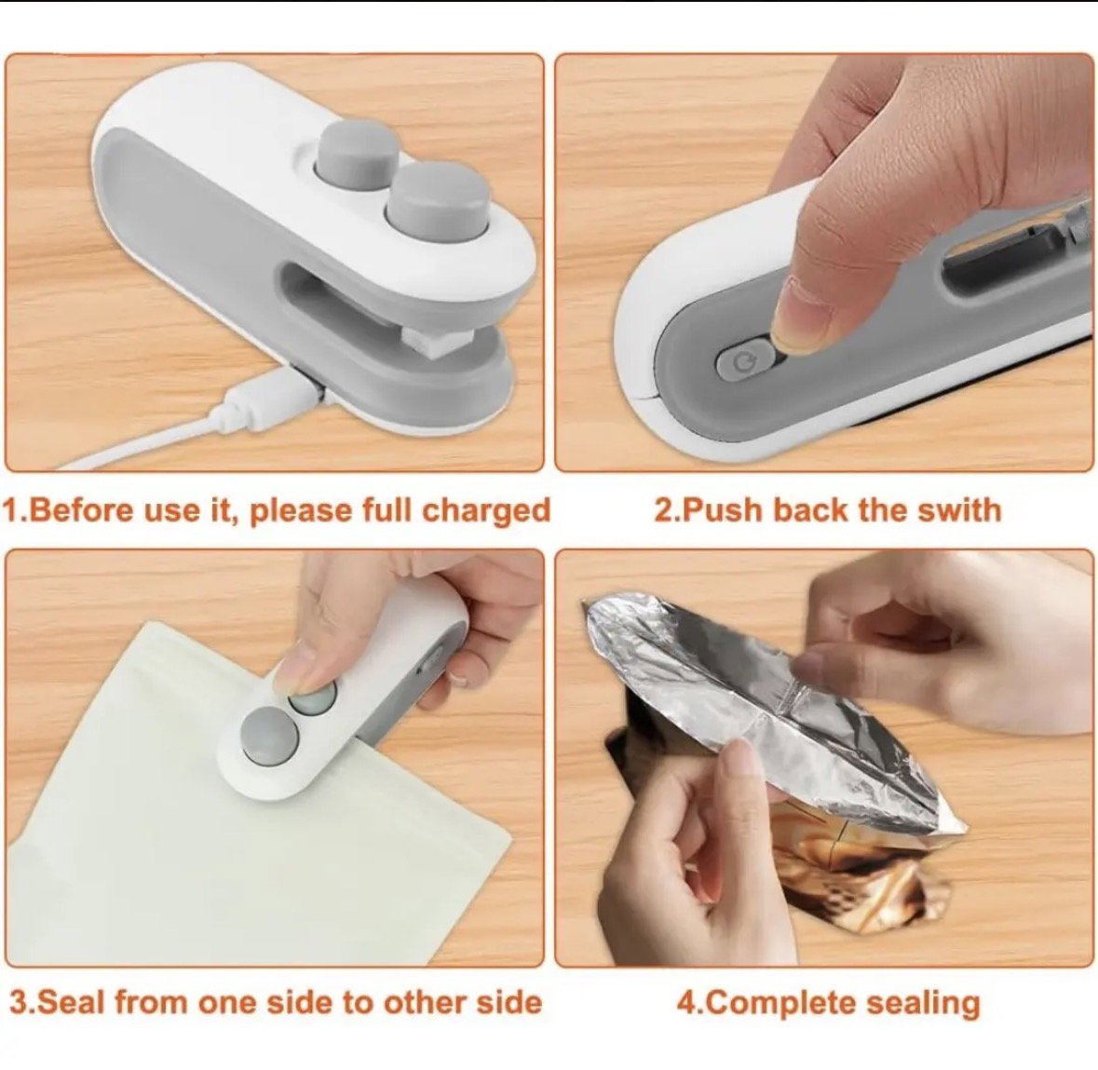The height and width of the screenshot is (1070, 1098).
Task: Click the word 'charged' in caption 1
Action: click(x=487, y=511)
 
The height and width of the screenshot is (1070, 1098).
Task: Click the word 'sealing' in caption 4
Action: click(x=924, y=1004)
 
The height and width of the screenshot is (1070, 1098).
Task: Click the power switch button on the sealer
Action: click(x=741, y=361)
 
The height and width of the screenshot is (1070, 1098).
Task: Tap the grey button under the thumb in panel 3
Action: click(x=312, y=697)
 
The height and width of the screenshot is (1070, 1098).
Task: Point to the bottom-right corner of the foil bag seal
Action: click(x=968, y=832)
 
